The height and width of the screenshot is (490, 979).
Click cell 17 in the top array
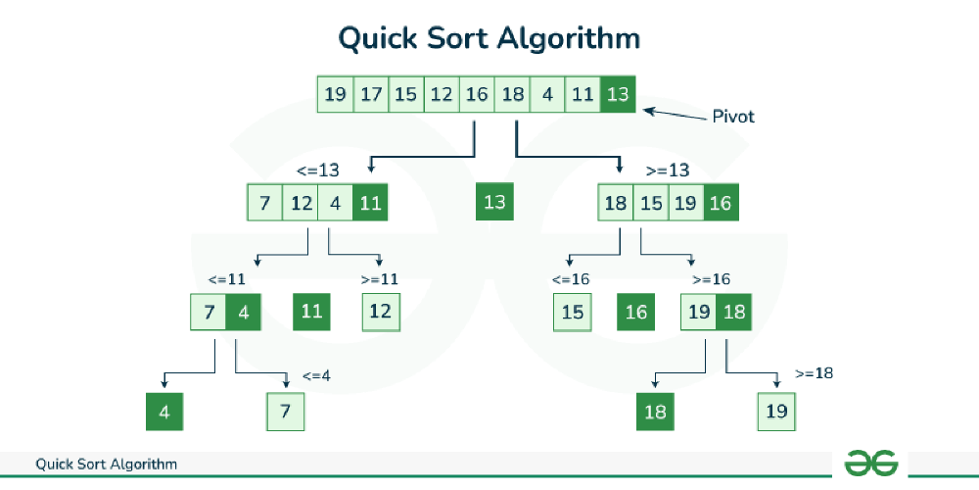tap(371, 94)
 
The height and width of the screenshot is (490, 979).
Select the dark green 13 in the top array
tap(618, 94)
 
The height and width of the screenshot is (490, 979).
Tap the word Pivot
tap(733, 117)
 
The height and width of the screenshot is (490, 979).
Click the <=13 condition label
tap(319, 171)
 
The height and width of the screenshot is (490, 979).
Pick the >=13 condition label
tap(669, 171)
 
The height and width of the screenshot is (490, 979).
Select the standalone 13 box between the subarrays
tap(494, 201)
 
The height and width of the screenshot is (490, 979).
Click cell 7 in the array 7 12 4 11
tap(264, 202)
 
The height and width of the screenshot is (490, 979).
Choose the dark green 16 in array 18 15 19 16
tap(721, 202)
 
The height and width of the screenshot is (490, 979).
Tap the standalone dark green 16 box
tap(635, 312)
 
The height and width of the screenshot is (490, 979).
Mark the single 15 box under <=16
tap(572, 312)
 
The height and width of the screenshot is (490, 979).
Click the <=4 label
tap(316, 376)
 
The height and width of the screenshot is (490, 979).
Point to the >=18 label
tap(815, 373)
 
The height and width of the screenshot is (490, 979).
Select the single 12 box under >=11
tap(381, 312)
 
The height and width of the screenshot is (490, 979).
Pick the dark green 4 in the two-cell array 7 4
tap(244, 312)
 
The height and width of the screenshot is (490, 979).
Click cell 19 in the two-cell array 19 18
tap(699, 312)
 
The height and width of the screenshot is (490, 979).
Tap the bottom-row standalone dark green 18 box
tap(655, 412)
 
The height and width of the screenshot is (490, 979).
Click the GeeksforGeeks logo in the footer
tap(871, 464)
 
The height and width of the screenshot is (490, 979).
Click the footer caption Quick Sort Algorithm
tap(106, 465)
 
